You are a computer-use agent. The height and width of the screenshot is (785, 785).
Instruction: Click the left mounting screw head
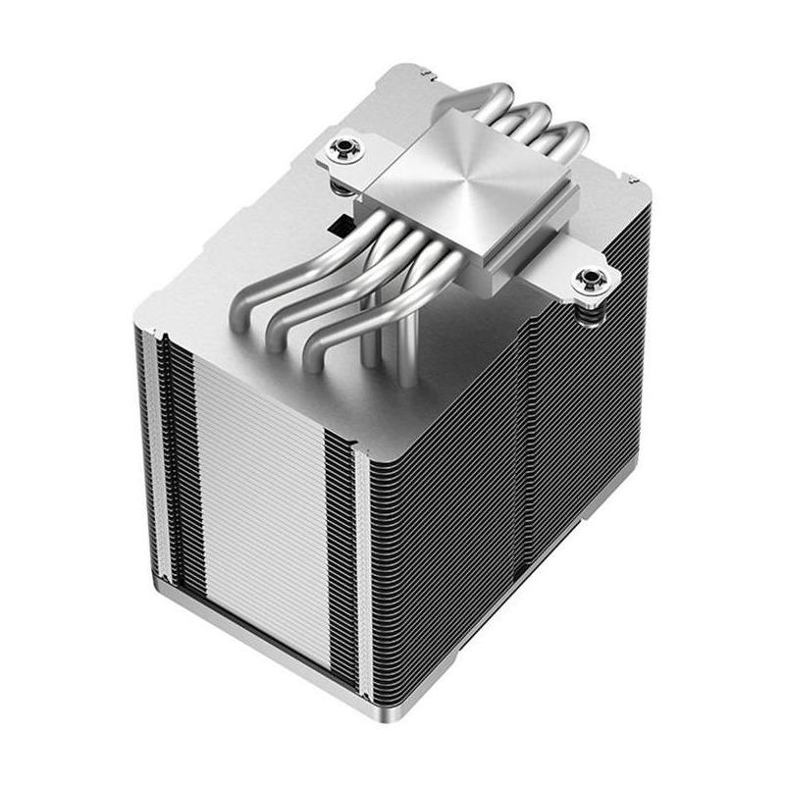coord(345,149)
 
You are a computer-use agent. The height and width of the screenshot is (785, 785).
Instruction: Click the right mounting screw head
coord(592,281)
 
